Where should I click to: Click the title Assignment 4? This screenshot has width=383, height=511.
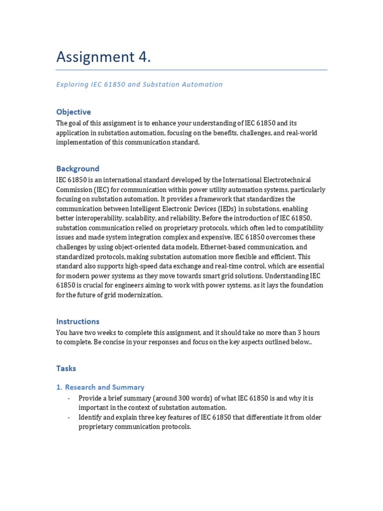pyautogui.click(x=103, y=57)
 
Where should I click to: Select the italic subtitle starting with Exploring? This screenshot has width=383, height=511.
pyautogui.click(x=139, y=84)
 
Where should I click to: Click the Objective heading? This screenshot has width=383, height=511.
pyautogui.click(x=73, y=112)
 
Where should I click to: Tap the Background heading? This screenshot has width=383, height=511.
pyautogui.click(x=78, y=169)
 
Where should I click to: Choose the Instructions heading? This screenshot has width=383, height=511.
pyautogui.click(x=78, y=321)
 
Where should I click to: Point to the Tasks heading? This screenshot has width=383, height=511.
pyautogui.click(x=66, y=368)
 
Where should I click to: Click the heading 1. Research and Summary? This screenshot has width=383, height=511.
pyautogui.click(x=100, y=387)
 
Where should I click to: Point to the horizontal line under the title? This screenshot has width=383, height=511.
pyautogui.click(x=191, y=70)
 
